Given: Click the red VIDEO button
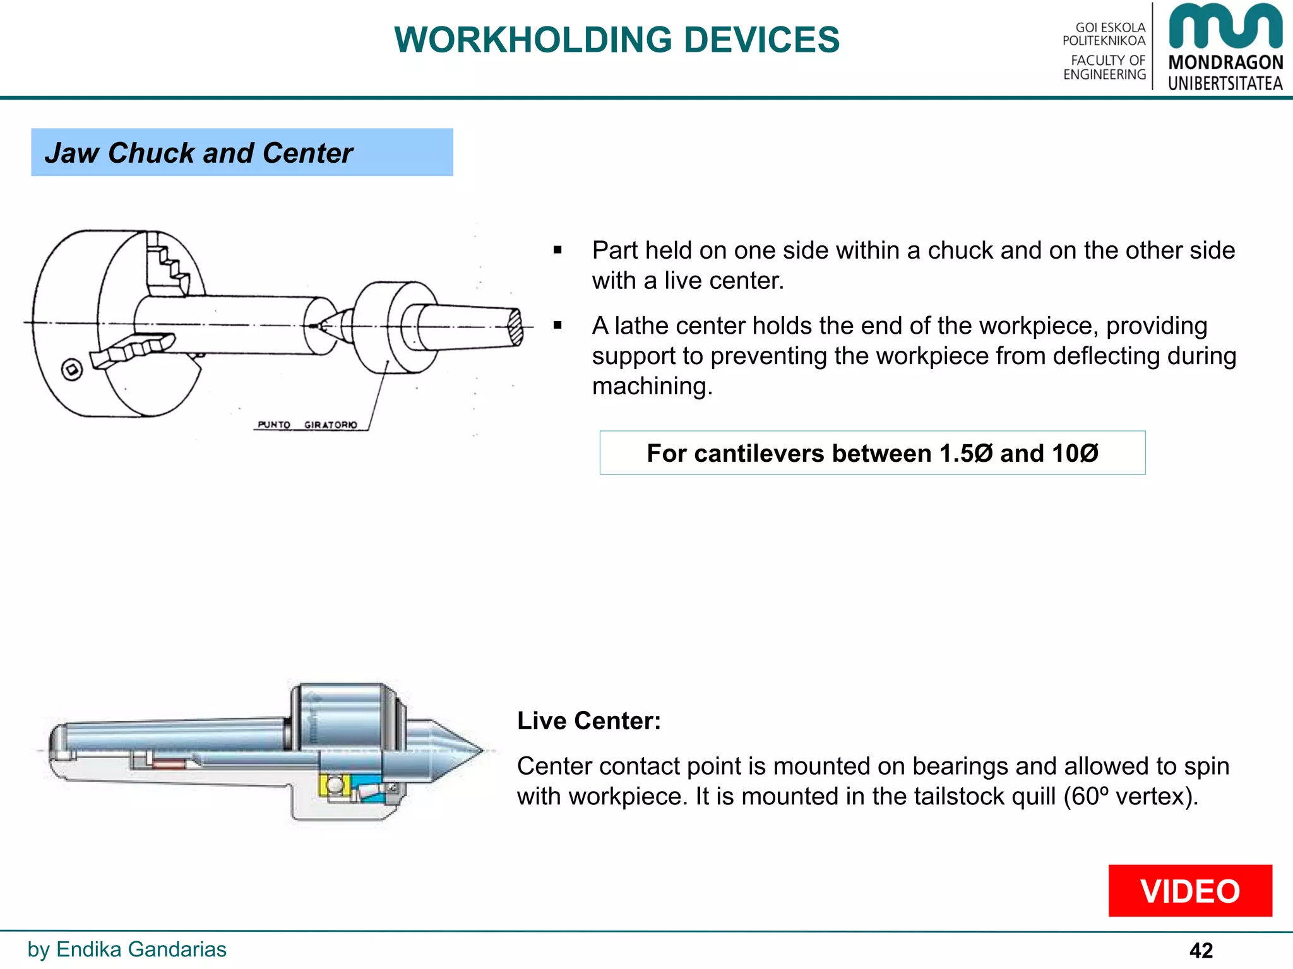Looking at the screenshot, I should (1189, 890).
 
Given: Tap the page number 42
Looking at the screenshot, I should (1201, 950).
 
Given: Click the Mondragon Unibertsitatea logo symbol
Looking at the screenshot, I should (1225, 26).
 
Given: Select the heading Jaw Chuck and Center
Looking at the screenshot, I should (199, 153).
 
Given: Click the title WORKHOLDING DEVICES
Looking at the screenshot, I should (617, 40).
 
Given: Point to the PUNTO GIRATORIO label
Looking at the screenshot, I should (307, 425).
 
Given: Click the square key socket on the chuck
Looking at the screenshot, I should (72, 370).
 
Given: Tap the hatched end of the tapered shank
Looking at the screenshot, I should (516, 327).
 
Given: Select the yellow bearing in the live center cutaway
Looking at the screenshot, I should (333, 786).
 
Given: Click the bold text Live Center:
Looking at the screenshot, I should (588, 720).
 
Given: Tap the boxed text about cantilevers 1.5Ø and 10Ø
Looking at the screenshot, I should (872, 453).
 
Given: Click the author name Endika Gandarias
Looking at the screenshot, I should (141, 949).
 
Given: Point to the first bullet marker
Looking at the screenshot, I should (557, 250).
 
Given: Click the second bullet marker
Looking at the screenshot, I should (557, 326).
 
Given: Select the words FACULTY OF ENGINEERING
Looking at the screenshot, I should (1105, 68).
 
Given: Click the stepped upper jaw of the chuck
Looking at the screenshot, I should (168, 262).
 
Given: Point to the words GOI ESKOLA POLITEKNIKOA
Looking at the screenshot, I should (1105, 34).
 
